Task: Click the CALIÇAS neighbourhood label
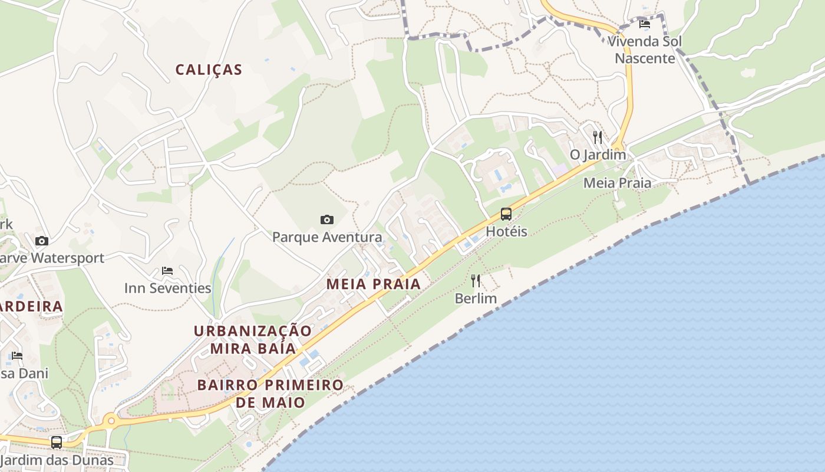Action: click(x=209, y=70)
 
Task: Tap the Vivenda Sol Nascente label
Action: click(x=645, y=50)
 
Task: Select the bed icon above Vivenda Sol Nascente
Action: click(x=645, y=24)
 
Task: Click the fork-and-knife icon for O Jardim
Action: click(x=598, y=137)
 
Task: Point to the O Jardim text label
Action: click(x=598, y=155)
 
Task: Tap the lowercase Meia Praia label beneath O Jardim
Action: click(x=617, y=183)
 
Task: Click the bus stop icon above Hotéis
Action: click(x=506, y=214)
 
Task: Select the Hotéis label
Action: click(x=506, y=231)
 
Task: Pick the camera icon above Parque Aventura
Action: click(x=327, y=220)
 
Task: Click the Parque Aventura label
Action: click(x=327, y=237)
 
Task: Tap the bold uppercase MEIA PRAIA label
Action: click(x=374, y=284)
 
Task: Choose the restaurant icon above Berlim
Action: click(x=476, y=281)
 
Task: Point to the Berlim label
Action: click(x=476, y=299)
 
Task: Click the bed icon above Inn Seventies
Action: click(x=167, y=271)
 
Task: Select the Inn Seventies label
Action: click(x=167, y=288)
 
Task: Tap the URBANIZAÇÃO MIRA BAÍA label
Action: click(x=253, y=339)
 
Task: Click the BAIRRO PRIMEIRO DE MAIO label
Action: click(x=270, y=394)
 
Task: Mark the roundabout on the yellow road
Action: click(x=110, y=421)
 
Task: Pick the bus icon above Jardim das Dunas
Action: click(x=57, y=442)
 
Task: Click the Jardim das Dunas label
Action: click(x=57, y=460)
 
